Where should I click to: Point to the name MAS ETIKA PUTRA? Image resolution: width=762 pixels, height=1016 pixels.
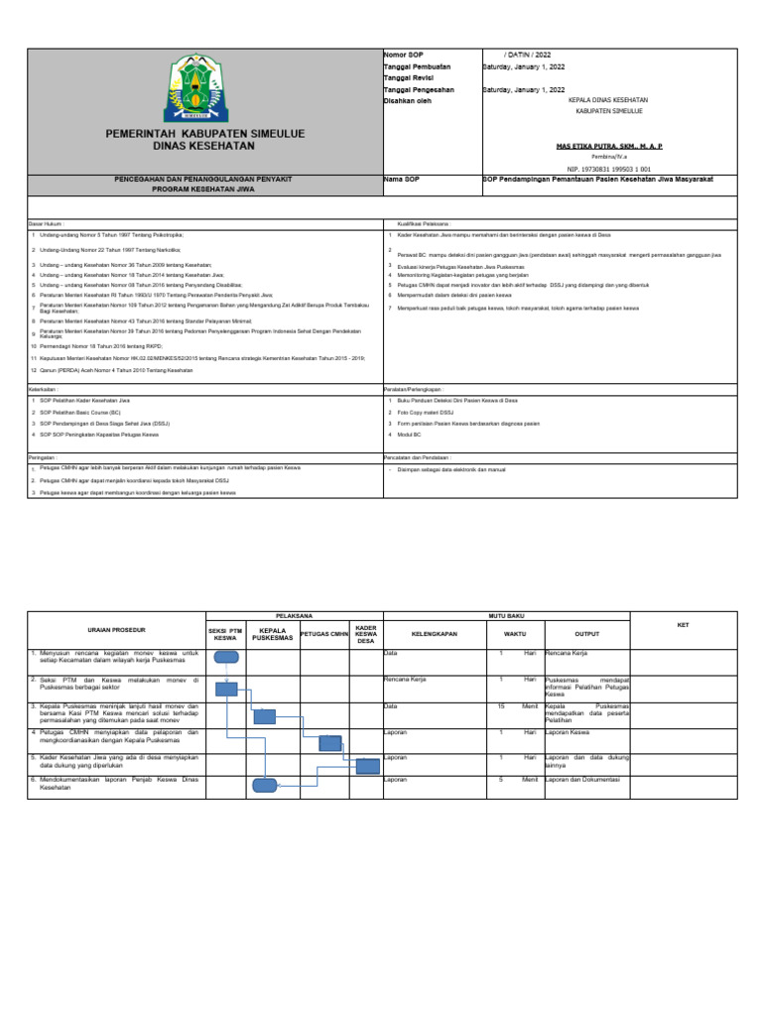point(607,145)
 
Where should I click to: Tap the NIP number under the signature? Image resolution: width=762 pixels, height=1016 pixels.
point(607,169)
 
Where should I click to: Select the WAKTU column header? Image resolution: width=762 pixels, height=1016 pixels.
point(514,632)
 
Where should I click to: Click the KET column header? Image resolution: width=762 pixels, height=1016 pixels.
point(682,625)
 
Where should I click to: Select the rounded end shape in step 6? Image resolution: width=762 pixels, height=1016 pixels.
point(265,785)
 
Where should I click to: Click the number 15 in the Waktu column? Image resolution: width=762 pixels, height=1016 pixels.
point(502,706)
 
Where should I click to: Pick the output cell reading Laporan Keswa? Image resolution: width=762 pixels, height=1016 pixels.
point(567,732)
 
